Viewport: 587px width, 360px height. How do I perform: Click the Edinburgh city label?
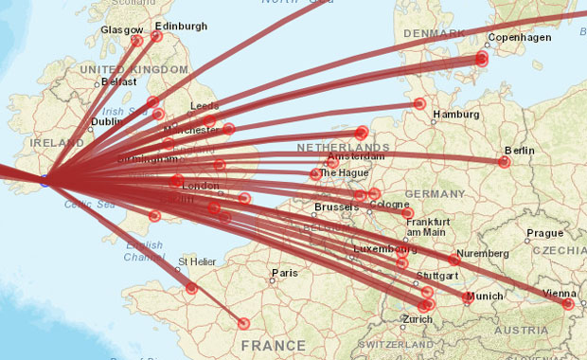(181, 27)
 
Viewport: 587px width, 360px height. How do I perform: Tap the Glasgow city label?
(122, 29)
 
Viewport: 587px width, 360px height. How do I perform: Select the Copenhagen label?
(519, 38)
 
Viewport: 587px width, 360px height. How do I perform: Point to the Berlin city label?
(519, 151)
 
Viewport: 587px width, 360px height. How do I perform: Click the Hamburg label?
(455, 115)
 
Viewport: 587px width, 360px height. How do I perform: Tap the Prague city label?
(544, 233)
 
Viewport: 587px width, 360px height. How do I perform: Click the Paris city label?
(285, 273)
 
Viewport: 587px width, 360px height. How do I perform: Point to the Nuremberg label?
(483, 254)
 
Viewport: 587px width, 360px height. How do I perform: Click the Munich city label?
(484, 297)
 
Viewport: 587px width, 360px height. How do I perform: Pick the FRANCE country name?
(273, 346)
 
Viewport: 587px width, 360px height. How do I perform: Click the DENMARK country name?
(435, 33)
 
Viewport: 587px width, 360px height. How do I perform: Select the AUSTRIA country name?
(521, 330)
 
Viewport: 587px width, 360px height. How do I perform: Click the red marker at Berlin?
(505, 162)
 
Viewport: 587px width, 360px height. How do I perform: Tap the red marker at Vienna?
(568, 304)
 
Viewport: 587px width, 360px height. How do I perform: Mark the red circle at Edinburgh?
(156, 37)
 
